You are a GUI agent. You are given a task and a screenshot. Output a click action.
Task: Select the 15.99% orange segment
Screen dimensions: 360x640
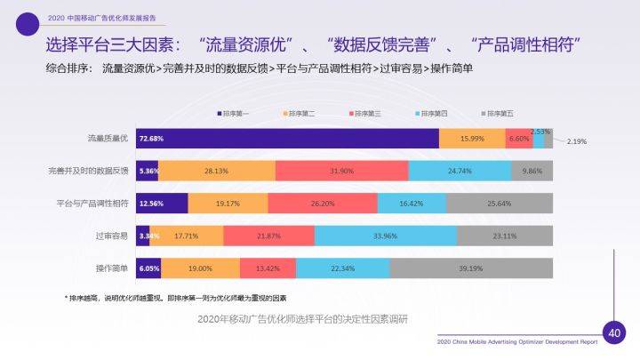click(x=472, y=139)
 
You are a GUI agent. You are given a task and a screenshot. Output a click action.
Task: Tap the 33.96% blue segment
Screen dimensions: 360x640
click(x=385, y=236)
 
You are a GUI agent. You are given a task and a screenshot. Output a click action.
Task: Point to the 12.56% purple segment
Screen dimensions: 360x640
click(x=163, y=204)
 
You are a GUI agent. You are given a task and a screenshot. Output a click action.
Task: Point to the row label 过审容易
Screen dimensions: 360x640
click(x=112, y=236)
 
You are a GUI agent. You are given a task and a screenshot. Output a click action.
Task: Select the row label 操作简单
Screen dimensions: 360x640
click(x=112, y=268)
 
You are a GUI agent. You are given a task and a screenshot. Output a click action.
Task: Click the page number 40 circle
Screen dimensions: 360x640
click(x=612, y=332)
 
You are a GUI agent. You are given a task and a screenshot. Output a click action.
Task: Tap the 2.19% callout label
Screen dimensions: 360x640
click(x=577, y=142)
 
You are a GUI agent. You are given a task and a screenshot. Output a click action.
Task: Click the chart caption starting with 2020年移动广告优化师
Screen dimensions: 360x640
click(x=302, y=318)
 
